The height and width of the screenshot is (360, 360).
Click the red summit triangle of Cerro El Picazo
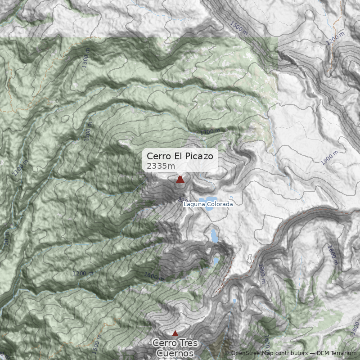point(180,180)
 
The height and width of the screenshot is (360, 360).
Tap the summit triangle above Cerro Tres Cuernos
point(175,333)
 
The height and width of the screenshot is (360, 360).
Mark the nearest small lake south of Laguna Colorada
point(213,235)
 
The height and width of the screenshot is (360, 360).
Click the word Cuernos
point(175,353)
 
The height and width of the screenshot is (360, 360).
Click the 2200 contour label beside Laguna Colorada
point(184,200)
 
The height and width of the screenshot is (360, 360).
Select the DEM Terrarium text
point(337,353)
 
